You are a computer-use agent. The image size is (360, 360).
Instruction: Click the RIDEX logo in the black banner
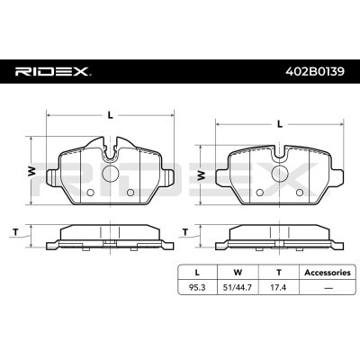[53, 72]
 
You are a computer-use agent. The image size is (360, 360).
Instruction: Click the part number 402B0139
[315, 71]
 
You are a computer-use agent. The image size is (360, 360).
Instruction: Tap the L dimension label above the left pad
[111, 115]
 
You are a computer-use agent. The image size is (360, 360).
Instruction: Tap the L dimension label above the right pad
[280, 124]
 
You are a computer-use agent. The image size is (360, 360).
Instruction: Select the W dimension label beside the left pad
[31, 171]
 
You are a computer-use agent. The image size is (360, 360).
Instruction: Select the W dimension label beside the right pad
[202, 175]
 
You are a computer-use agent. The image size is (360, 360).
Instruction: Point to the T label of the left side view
[15, 232]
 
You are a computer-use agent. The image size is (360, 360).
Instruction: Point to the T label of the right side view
[185, 232]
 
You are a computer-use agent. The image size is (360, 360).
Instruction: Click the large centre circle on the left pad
[111, 173]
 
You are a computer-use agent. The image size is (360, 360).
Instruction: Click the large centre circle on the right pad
[280, 174]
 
